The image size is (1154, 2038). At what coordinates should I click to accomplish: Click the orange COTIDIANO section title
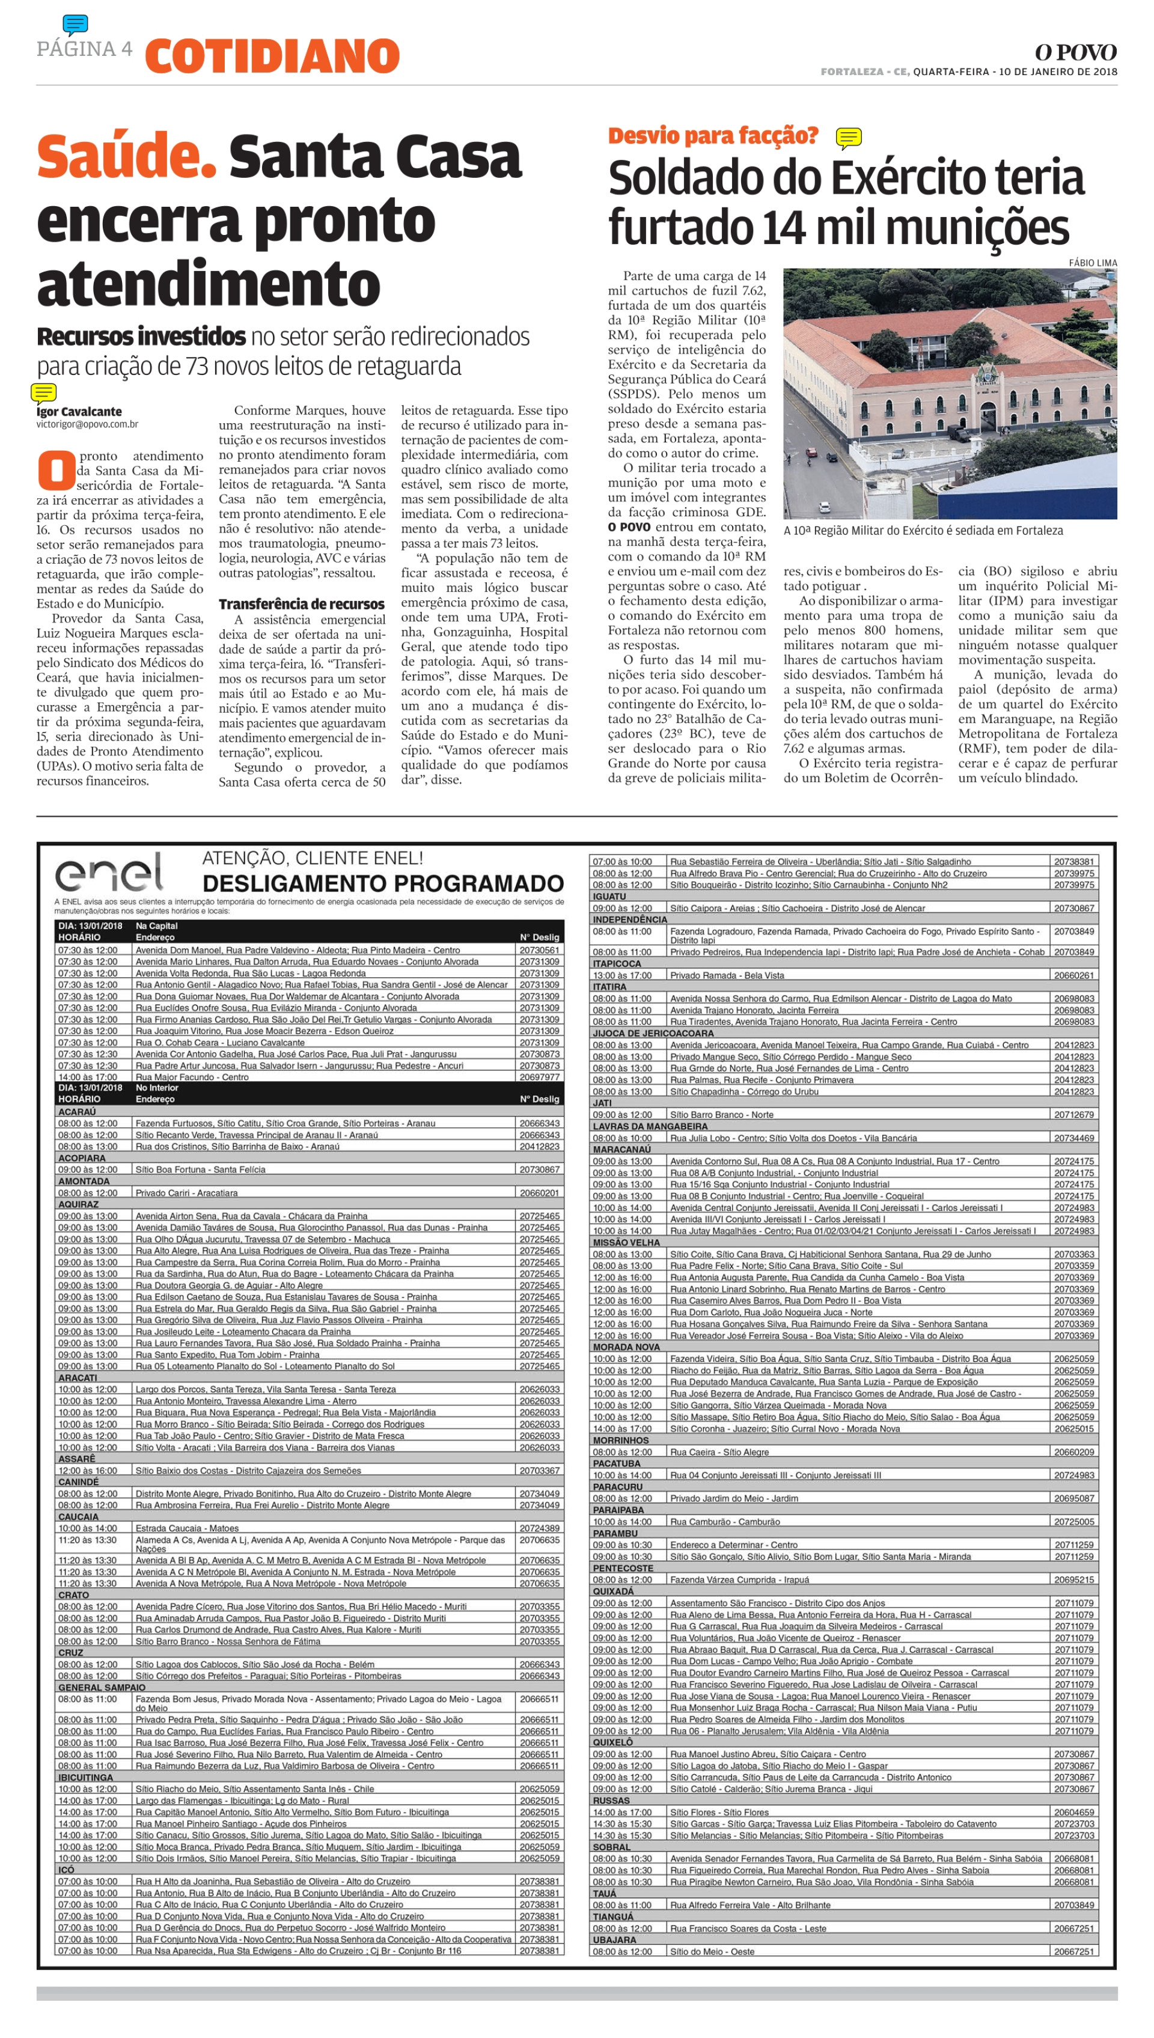point(272,57)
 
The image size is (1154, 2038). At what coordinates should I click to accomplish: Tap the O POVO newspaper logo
point(1075,53)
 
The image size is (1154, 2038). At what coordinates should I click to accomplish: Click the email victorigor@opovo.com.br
point(87,424)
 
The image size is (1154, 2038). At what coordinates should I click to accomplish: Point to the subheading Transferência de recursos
point(301,604)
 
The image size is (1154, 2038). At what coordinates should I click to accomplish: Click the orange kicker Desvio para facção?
point(712,136)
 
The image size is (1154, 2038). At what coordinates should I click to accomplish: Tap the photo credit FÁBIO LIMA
point(1092,262)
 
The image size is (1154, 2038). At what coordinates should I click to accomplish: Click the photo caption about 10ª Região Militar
point(923,531)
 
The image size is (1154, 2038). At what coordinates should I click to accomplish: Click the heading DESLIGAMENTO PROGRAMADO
point(383,883)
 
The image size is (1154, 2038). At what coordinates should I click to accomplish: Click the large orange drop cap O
point(55,470)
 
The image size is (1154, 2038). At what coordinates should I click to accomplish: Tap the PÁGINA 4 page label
point(84,49)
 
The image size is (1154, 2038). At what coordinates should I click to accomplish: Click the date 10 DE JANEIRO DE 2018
point(1058,72)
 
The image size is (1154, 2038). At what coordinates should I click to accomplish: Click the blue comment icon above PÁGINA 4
point(75,25)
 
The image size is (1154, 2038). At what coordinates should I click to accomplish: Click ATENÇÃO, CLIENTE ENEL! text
point(313,858)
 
